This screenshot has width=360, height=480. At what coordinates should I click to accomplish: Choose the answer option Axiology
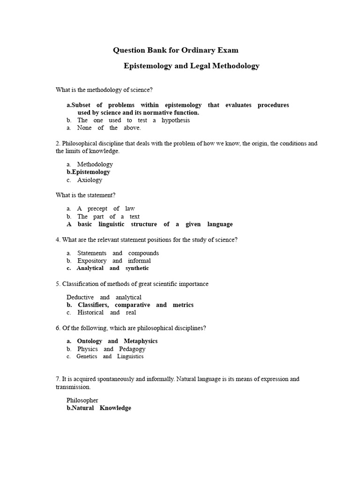[x=90, y=180]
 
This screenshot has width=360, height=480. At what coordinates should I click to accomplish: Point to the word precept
[x=97, y=209]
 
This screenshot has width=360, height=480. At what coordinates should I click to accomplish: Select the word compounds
[x=143, y=253]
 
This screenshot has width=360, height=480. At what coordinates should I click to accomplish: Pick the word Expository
[x=92, y=261]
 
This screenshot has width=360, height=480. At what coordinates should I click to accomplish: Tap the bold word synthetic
[x=137, y=268]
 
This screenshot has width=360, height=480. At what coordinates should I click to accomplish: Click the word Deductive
[x=80, y=297]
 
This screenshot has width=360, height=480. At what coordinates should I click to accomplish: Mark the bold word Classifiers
[x=93, y=305]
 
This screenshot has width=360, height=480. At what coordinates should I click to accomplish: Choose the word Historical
[x=90, y=313]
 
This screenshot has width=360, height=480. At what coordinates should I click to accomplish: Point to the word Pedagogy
[x=132, y=349]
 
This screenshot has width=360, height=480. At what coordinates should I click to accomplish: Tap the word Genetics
[x=87, y=356]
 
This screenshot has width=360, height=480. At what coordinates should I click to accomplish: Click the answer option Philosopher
[x=82, y=400]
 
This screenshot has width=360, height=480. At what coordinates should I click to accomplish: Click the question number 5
[x=58, y=284]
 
